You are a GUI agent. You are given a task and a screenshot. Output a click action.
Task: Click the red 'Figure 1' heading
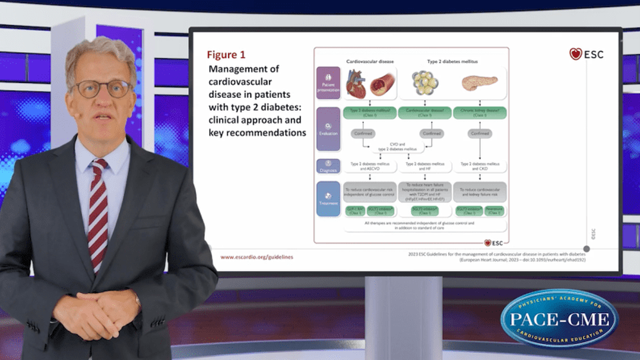pyautogui.click(x=226, y=55)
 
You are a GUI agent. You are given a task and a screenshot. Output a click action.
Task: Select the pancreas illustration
pyautogui.click(x=479, y=83)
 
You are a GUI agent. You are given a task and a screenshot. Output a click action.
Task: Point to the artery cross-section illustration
pyautogui.click(x=384, y=84)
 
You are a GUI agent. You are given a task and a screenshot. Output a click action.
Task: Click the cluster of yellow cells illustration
pyautogui.click(x=425, y=83)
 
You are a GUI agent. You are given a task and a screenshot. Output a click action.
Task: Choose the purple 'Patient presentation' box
pyautogui.click(x=328, y=83)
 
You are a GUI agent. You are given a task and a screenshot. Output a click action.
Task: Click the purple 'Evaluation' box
pyautogui.click(x=328, y=129)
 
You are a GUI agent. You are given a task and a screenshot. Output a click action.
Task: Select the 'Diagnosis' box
pyautogui.click(x=328, y=166)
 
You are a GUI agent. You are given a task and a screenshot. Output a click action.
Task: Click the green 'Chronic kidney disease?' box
pyautogui.click(x=480, y=112)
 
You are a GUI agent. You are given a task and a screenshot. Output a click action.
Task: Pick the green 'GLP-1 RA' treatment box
pyautogui.click(x=354, y=211)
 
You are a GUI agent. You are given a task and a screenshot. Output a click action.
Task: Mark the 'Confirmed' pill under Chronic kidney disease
pyautogui.click(x=480, y=134)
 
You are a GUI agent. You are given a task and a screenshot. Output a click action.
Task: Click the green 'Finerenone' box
pyautogui.click(x=494, y=211)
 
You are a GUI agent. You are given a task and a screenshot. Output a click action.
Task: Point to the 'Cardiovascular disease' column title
pyautogui.click(x=369, y=61)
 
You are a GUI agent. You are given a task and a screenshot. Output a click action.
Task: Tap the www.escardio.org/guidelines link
pyautogui.click(x=256, y=257)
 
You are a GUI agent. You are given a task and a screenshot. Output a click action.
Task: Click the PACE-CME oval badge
pyautogui.click(x=559, y=319)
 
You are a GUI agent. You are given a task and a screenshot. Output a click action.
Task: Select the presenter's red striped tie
pyautogui.click(x=98, y=213)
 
